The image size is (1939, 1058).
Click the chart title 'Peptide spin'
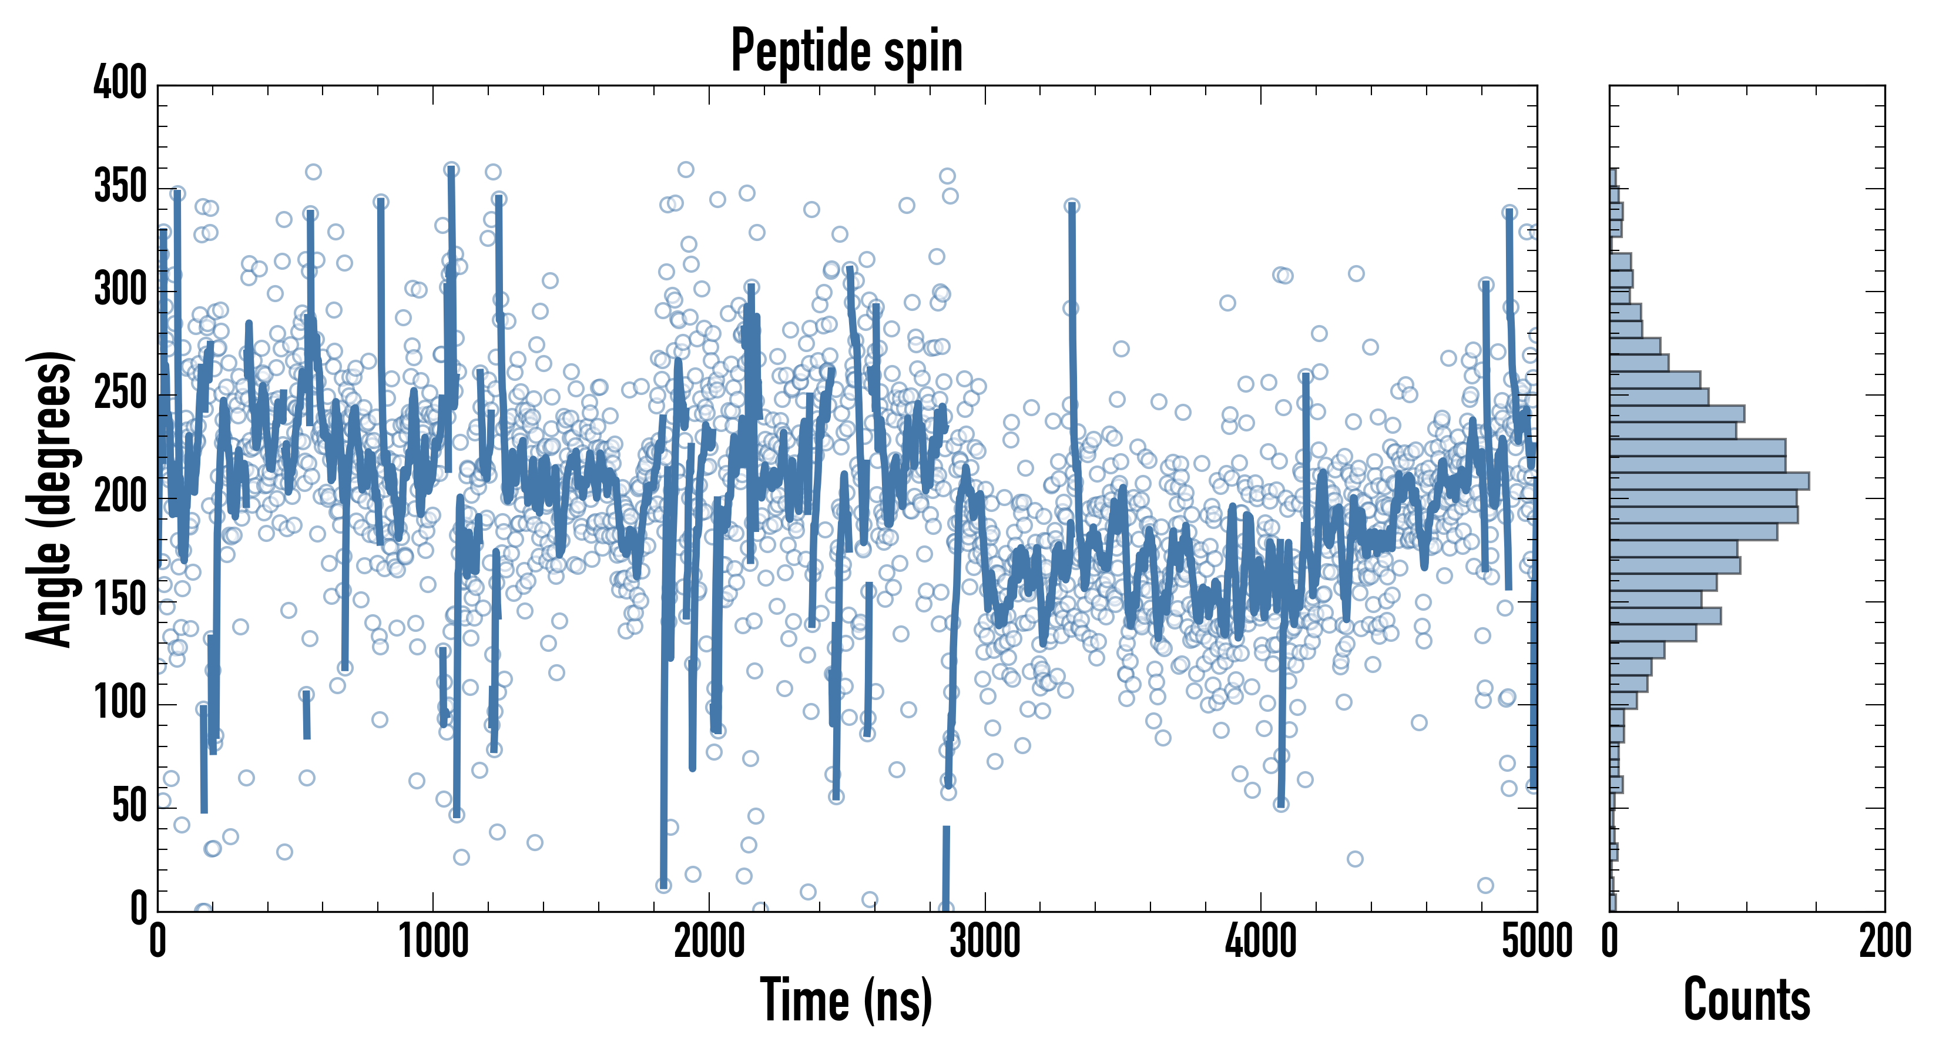847,51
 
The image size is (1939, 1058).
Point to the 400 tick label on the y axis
120,83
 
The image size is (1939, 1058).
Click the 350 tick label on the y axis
120,187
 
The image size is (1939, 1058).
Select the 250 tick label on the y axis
120,394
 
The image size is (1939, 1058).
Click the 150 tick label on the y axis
120,601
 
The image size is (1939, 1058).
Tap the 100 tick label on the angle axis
120,704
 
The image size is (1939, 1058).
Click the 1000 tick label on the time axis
433,941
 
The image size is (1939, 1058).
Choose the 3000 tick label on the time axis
985,941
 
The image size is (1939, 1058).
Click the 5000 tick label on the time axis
1537,941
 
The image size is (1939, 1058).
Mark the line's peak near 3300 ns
1072,206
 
